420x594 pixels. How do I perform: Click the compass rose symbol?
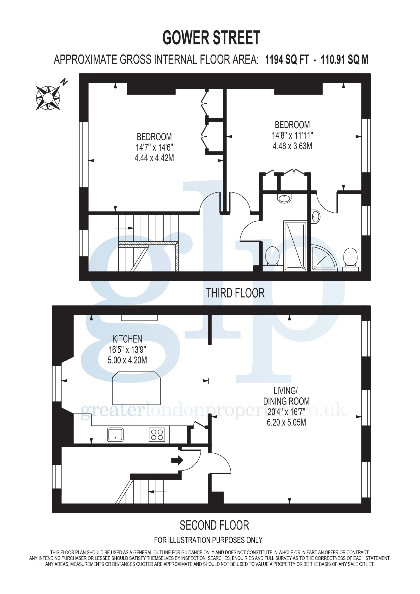[48, 98]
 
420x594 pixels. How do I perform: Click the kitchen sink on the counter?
[115, 434]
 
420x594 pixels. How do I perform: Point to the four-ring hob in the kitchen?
[157, 434]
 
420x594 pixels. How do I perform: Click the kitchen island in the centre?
[136, 388]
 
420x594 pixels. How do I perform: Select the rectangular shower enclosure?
[295, 246]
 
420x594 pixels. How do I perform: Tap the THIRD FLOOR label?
[235, 293]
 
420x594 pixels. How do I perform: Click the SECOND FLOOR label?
[214, 525]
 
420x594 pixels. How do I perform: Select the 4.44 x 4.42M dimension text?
[154, 158]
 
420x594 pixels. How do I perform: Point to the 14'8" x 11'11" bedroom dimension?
[292, 135]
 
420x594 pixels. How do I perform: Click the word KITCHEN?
[127, 339]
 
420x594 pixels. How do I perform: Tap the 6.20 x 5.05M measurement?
[286, 422]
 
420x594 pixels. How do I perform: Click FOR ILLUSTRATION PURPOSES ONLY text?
[208, 540]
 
